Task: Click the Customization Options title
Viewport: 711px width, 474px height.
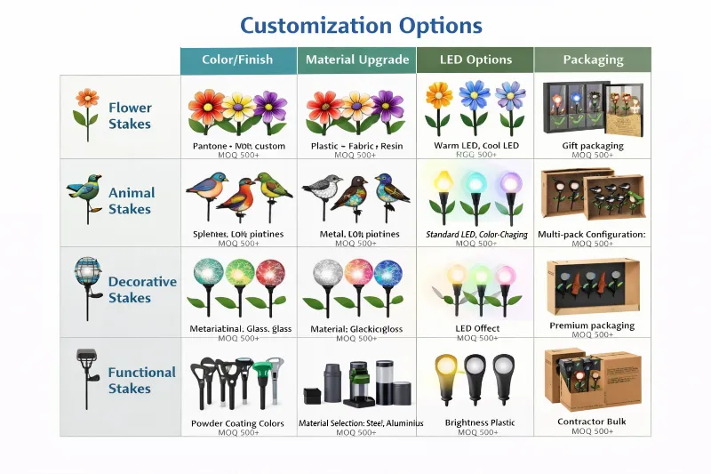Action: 361,25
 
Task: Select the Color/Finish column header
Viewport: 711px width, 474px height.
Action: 237,60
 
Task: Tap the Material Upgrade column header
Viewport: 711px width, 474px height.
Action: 356,60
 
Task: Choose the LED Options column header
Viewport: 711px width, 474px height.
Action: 475,60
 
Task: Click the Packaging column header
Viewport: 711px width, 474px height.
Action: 593,60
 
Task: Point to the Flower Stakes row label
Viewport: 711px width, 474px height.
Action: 130,116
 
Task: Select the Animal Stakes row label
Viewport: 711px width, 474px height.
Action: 131,201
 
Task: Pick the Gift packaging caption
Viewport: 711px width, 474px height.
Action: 593,146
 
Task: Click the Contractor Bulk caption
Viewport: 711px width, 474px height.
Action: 592,422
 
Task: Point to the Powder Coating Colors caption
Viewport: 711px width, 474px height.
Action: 237,423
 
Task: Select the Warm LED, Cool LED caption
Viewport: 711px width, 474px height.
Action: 475,146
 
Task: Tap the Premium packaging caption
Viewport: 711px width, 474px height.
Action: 592,325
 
